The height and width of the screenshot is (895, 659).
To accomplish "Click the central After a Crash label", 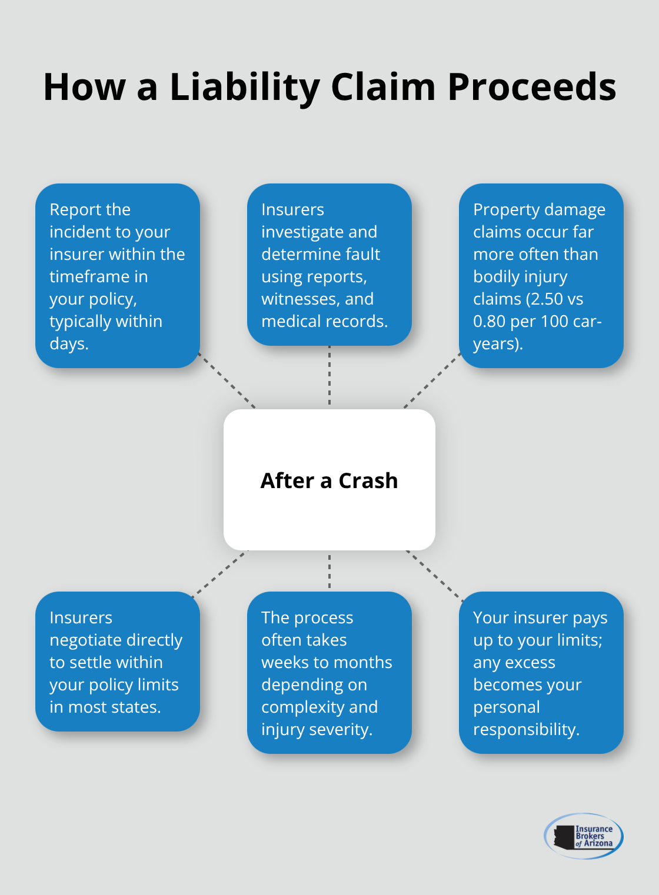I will click(329, 480).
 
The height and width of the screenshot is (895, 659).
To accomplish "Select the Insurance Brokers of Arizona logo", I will click(584, 836).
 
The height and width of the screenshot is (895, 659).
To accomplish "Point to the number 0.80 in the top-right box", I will click(489, 321).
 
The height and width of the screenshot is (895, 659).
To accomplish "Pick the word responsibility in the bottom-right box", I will click(526, 729).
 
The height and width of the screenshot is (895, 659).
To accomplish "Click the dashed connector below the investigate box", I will click(329, 376).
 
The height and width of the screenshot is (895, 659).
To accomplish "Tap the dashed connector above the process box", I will click(329, 571).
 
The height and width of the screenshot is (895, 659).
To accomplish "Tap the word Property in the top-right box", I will click(505, 209).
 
